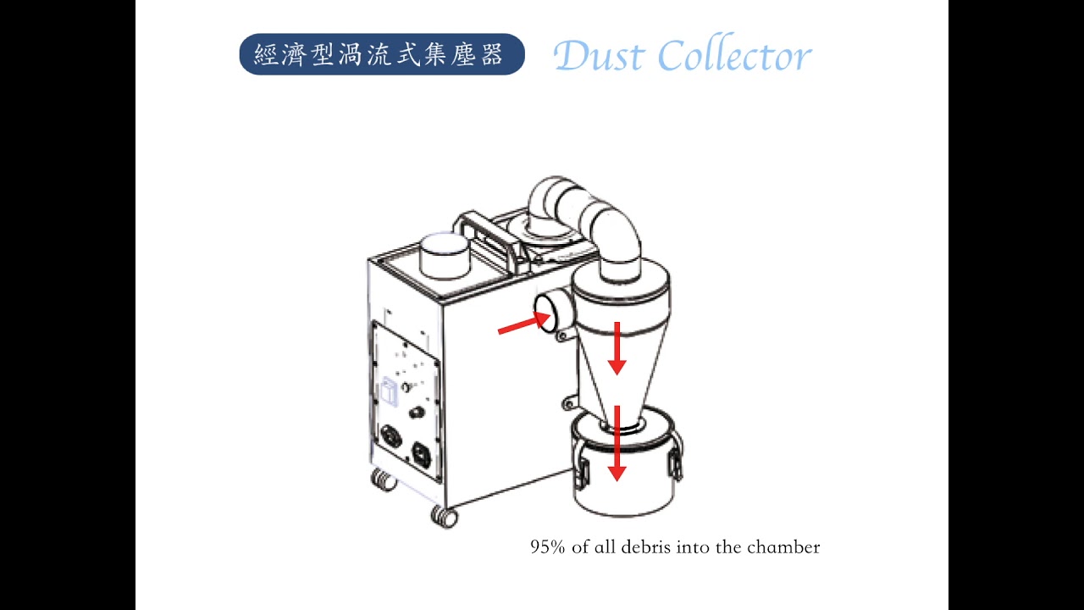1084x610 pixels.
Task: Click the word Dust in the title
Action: (x=599, y=55)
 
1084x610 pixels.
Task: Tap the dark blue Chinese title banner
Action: (x=382, y=54)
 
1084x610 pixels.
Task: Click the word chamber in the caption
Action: (x=783, y=547)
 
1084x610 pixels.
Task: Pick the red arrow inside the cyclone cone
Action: (x=617, y=348)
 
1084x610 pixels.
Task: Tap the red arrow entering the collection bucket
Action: (x=617, y=443)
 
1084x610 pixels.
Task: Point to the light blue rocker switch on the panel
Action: (x=390, y=391)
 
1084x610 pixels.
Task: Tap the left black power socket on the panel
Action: (x=391, y=437)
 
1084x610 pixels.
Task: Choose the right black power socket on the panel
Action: (x=422, y=456)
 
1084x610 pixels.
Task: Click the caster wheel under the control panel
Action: (x=383, y=480)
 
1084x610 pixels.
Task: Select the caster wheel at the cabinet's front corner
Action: (x=444, y=517)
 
